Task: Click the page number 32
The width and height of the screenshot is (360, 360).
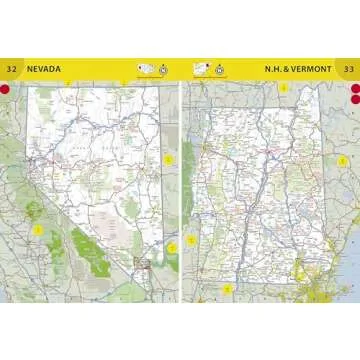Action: [11, 69]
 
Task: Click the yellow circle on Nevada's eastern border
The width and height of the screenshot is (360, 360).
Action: [169, 158]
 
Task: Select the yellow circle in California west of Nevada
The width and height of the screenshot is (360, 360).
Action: [38, 230]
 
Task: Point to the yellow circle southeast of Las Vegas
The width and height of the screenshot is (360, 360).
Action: [170, 246]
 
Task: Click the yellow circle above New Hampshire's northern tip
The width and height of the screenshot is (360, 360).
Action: [283, 88]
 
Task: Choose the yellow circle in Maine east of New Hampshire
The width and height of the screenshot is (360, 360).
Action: [341, 160]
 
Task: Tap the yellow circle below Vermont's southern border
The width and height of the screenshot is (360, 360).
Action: [227, 289]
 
